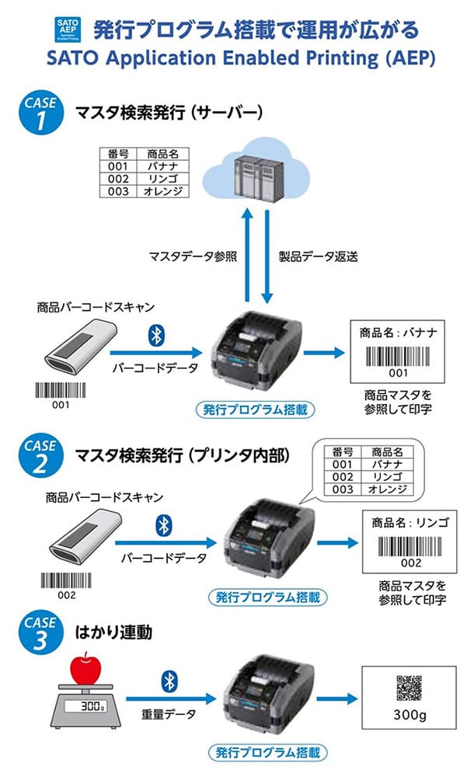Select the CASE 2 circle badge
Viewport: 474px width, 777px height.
[40, 456]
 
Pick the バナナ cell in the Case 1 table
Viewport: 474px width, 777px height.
[162, 166]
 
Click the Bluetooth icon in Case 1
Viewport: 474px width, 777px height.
[155, 336]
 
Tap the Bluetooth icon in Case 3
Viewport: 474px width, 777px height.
[168, 681]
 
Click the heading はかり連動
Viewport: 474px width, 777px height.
[113, 632]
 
